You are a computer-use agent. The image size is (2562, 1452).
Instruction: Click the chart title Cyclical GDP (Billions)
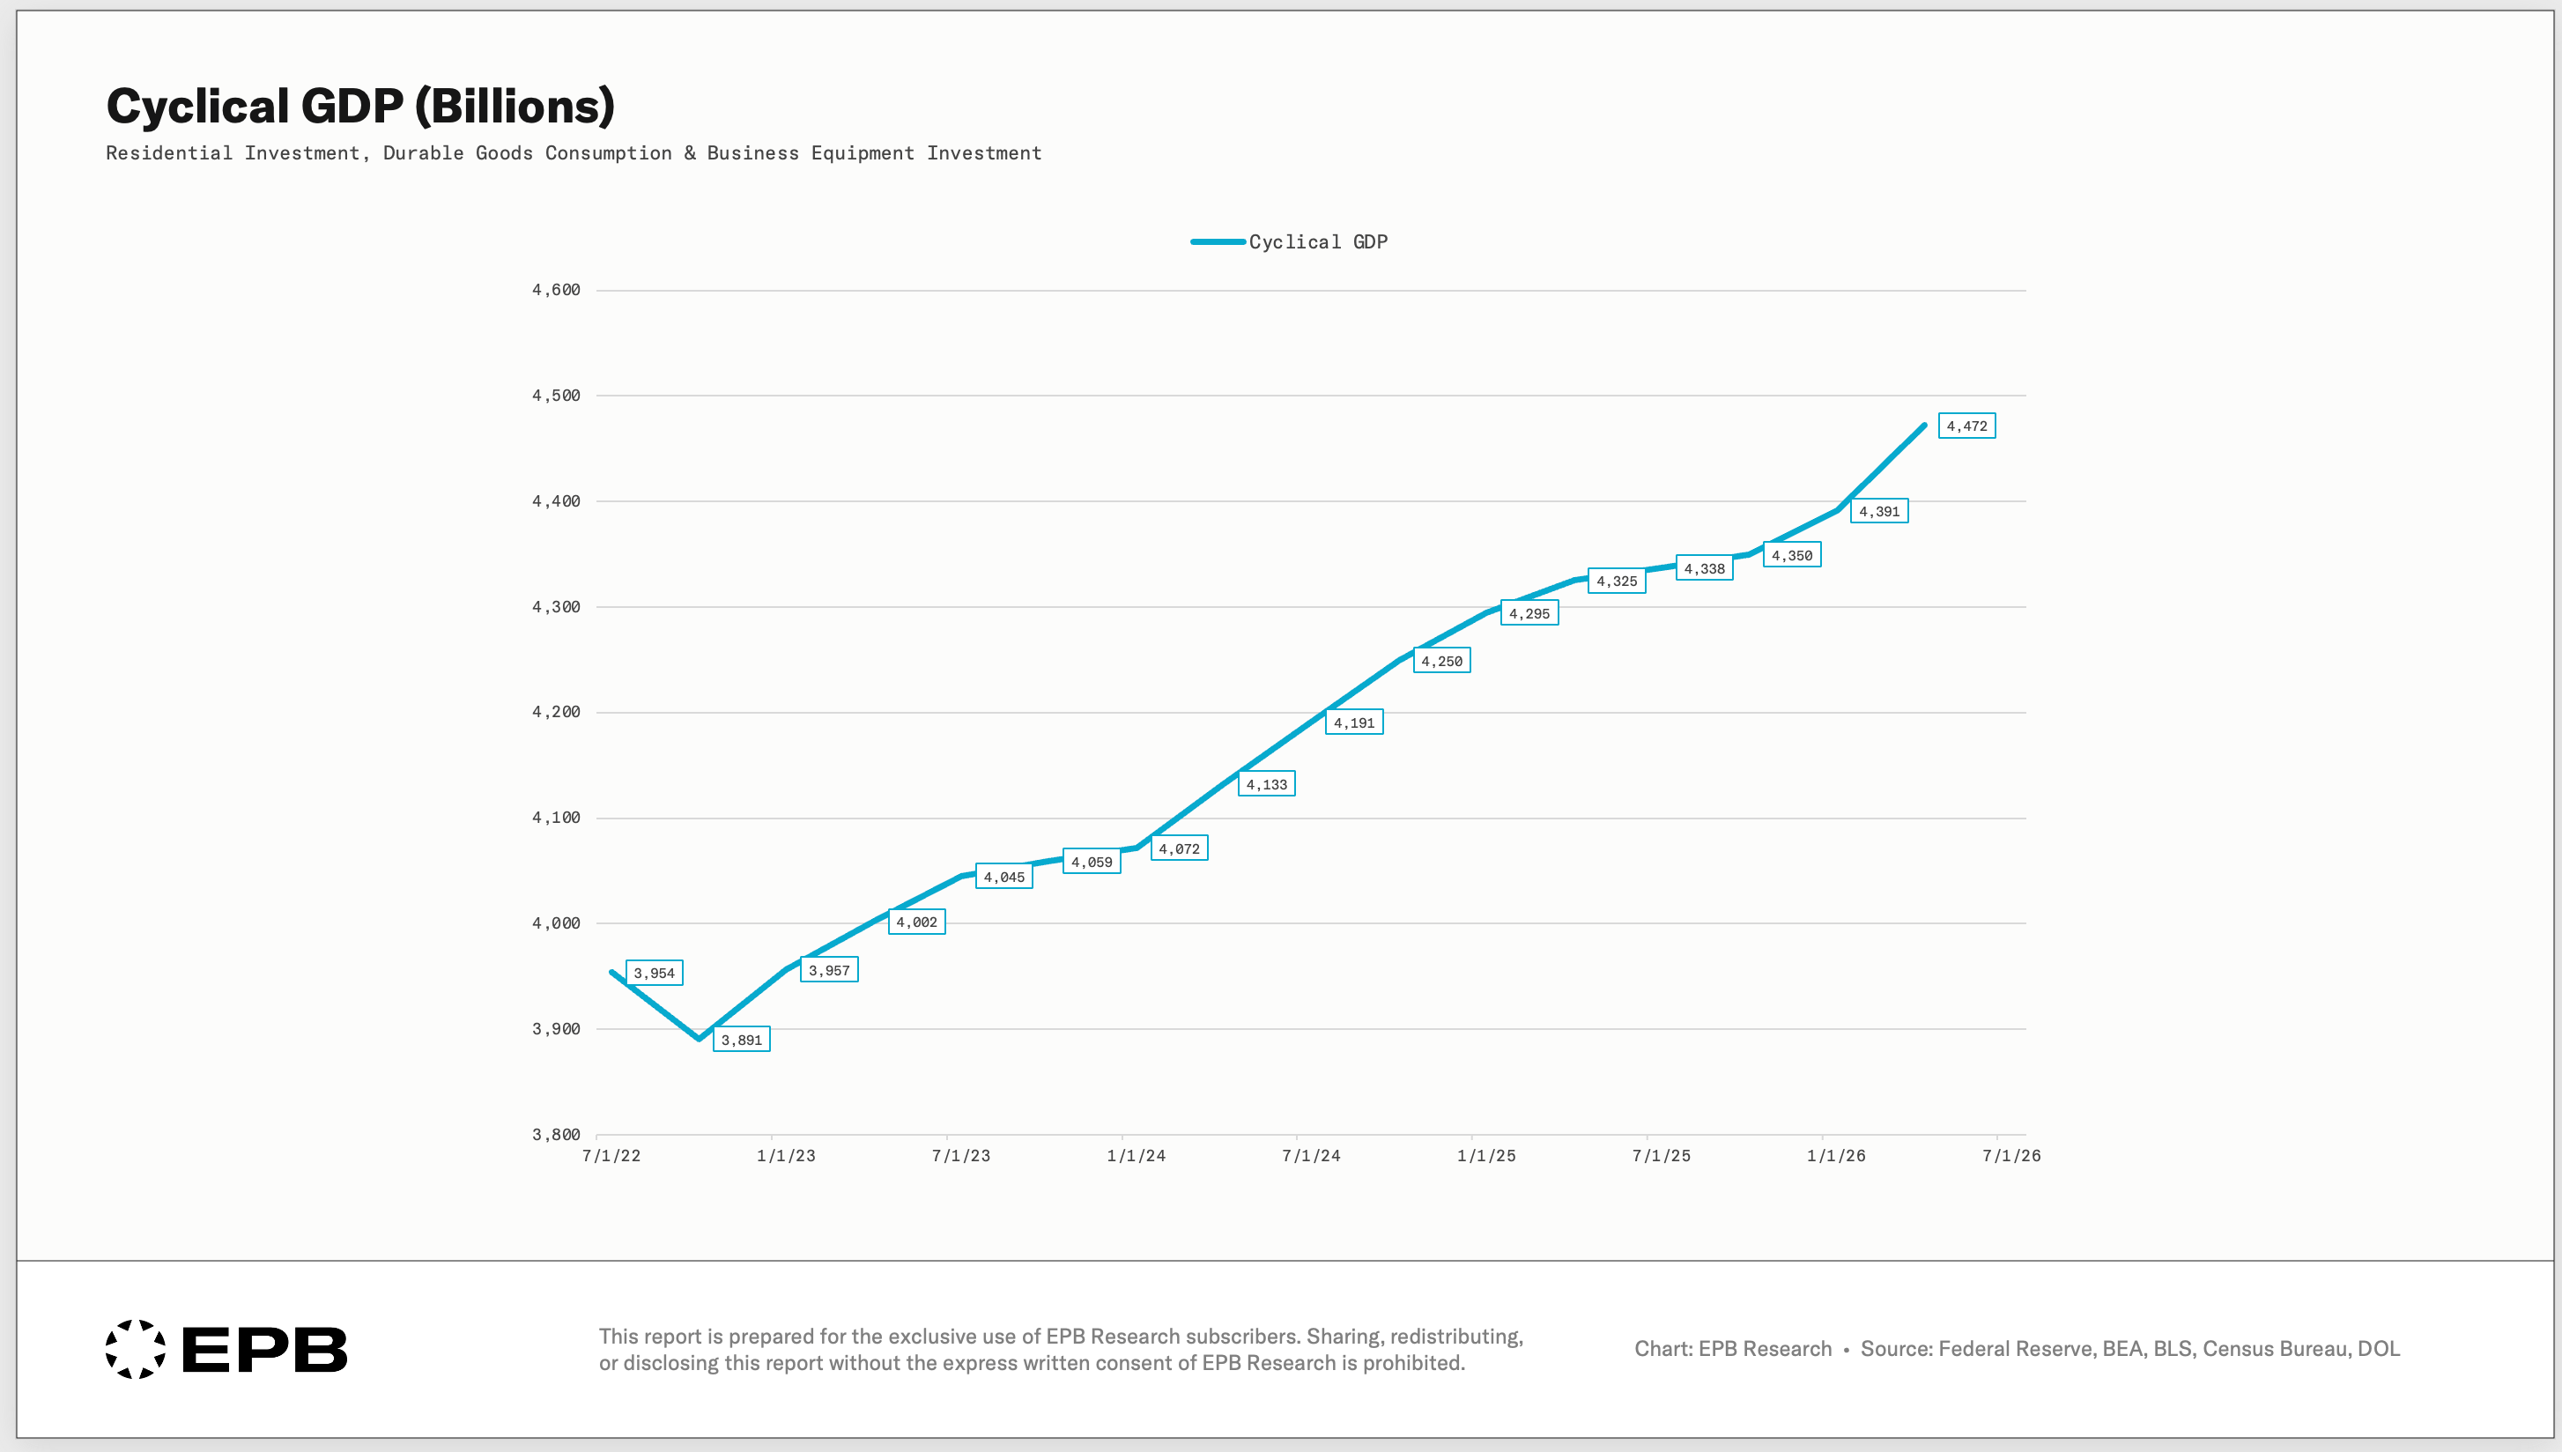click(x=359, y=107)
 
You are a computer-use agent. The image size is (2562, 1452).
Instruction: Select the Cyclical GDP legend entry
click(x=1289, y=241)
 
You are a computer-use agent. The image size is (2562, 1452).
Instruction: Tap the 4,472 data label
click(x=1966, y=426)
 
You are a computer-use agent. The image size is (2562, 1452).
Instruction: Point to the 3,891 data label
click(x=742, y=1039)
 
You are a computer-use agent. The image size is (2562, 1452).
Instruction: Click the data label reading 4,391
click(x=1879, y=512)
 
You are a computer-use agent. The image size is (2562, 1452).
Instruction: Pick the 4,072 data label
click(x=1180, y=848)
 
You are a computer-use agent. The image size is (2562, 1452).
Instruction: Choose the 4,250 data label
click(x=1441, y=660)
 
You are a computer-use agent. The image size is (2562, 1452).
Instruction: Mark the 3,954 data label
click(x=654, y=973)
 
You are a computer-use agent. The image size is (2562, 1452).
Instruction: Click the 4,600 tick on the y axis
click(x=556, y=290)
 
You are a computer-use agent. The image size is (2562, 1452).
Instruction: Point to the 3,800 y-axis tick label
click(x=556, y=1135)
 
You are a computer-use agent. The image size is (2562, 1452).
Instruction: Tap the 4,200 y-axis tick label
click(x=556, y=712)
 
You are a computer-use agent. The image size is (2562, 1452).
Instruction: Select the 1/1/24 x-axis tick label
click(x=1137, y=1156)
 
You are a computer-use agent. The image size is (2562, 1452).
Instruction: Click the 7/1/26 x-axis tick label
click(x=2011, y=1156)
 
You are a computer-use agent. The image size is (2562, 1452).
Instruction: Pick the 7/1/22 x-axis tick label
click(x=611, y=1156)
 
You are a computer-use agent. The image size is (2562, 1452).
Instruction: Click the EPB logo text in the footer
click(x=265, y=1349)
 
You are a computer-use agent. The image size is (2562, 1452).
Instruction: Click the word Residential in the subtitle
click(x=168, y=152)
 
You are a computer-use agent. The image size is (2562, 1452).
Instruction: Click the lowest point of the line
click(x=699, y=1039)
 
